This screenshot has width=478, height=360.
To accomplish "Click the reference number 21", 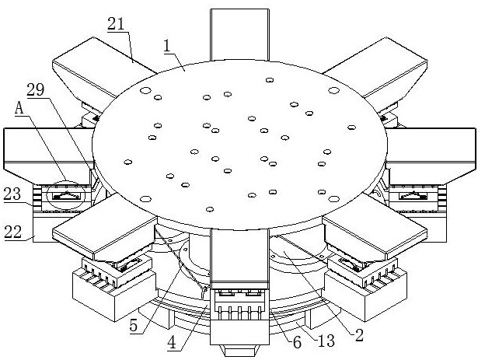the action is click(116, 24).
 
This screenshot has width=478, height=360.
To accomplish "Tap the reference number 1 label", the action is click(166, 46).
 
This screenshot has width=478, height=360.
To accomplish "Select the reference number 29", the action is click(36, 89).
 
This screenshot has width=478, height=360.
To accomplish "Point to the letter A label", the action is click(19, 108).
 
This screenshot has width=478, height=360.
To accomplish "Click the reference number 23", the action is click(12, 194).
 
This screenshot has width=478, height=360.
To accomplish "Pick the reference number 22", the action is click(13, 232).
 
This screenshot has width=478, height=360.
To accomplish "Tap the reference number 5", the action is click(134, 326).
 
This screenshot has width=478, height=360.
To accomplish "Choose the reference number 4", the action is click(173, 343).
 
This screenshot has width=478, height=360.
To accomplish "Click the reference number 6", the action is click(297, 342).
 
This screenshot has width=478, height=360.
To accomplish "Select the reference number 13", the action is click(326, 341).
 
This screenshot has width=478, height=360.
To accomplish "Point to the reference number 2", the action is click(360, 335).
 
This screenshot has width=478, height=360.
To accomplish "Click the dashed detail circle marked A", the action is click(66, 196).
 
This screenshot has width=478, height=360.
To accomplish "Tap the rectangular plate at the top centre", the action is click(239, 34).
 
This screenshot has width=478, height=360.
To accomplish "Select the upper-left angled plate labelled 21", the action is click(103, 69).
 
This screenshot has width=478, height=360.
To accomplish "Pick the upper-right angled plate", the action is click(375, 69).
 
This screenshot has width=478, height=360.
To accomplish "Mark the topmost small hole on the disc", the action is click(269, 80).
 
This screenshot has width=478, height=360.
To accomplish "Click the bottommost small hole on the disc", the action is click(209, 209).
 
